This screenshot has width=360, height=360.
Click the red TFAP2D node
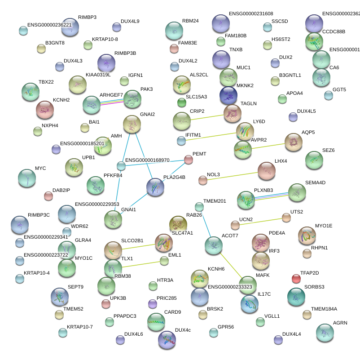[x=296, y=279]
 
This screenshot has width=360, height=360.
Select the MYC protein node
[x=26, y=178]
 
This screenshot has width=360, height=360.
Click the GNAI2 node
[x=132, y=124]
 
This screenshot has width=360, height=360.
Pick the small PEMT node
[x=189, y=160]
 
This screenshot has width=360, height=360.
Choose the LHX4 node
[x=267, y=171]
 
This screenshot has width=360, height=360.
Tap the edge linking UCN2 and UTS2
[x=260, y=222]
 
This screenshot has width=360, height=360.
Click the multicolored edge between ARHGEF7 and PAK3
[x=112, y=102]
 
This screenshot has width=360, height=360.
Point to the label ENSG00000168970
[x=147, y=160]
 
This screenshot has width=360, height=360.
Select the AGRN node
[x=325, y=333]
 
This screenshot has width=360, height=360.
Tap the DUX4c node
[x=167, y=340]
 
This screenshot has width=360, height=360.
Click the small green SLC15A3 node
[x=182, y=103]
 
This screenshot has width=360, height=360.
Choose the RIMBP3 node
[x=70, y=27]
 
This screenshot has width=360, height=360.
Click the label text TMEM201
[x=215, y=201]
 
